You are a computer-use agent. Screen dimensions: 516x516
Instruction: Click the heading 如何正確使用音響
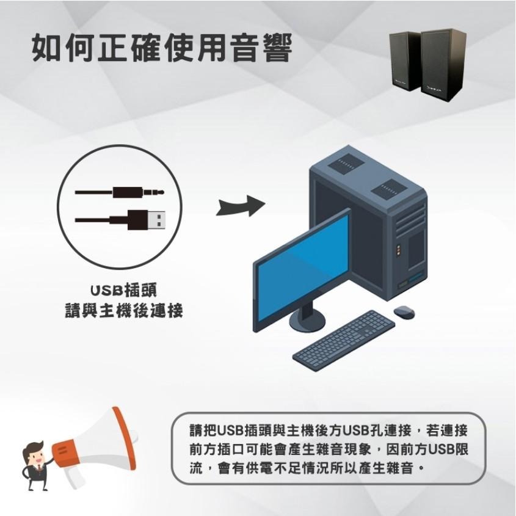(162, 48)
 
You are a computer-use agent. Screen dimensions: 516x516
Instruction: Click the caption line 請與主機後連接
(124, 310)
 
